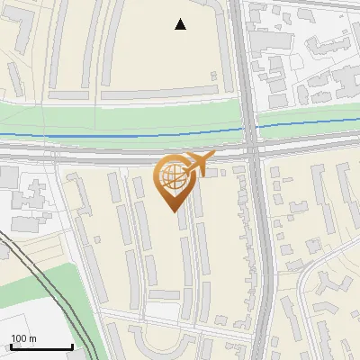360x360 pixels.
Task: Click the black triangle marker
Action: click(x=181, y=24)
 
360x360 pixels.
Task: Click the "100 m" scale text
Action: click(x=24, y=338)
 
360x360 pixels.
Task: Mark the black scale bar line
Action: click(x=40, y=347)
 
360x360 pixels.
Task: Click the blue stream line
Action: click(x=108, y=136)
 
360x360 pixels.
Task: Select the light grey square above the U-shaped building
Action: click(x=164, y=295)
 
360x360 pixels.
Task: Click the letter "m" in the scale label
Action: click(x=32, y=338)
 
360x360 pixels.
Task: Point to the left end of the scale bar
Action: click(x=10, y=347)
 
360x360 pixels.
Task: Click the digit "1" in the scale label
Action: click(x=13, y=338)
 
